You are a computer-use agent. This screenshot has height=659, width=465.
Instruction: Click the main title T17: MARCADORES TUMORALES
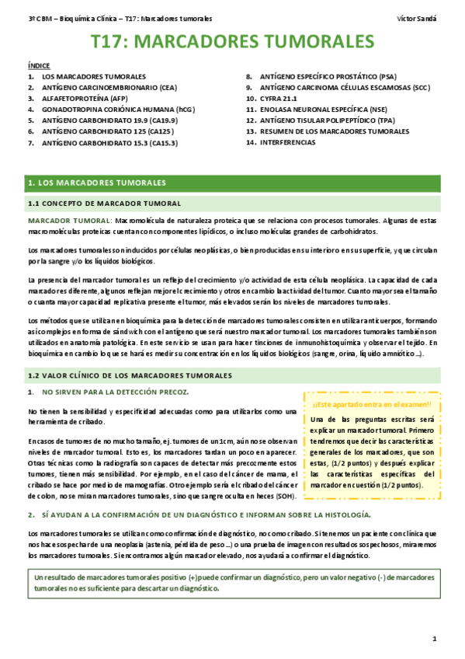[x=232, y=42]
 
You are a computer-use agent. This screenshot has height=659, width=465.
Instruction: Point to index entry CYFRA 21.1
[x=282, y=99]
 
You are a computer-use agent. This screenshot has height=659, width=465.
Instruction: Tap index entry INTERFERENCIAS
[x=293, y=143]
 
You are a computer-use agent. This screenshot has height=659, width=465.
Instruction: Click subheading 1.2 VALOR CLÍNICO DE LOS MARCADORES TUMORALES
[x=129, y=375]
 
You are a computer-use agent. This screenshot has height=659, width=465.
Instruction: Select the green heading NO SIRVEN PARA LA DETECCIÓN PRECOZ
[x=116, y=392]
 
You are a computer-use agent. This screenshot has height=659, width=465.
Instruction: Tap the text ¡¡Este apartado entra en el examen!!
[x=372, y=405]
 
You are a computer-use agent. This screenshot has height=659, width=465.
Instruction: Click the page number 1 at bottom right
[x=436, y=639]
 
